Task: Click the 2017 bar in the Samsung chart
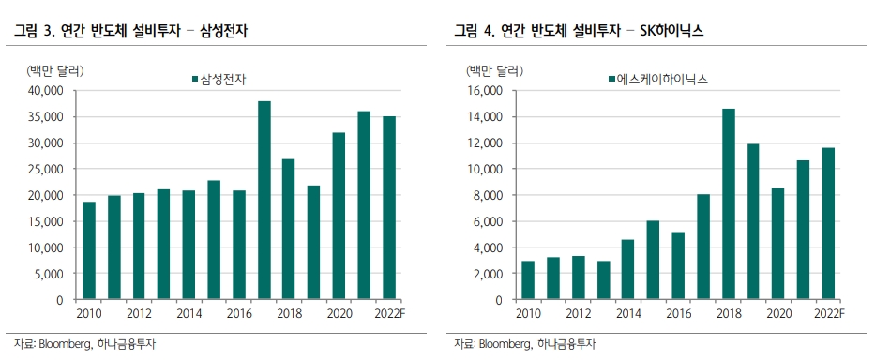pos(264,201)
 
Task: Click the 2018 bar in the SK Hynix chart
pos(728,204)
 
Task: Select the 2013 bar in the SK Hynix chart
pos(603,280)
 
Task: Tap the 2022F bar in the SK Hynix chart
pos(828,224)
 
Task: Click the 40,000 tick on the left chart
pos(42,91)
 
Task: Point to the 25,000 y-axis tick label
pos(42,170)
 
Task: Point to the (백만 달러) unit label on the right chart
pos(494,69)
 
